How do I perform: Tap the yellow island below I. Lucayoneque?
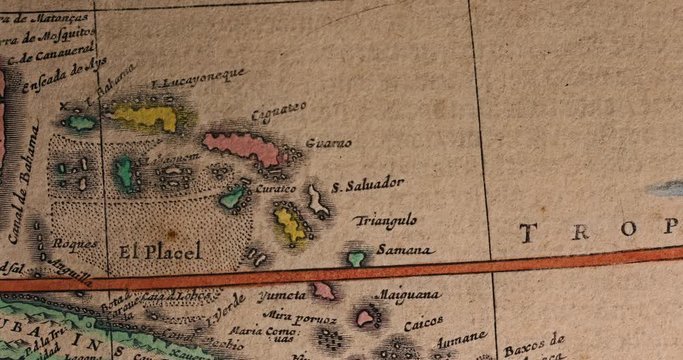coord(146,118)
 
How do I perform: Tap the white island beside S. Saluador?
coord(318,200)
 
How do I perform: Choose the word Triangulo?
coord(386,221)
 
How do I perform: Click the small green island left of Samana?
coord(355,258)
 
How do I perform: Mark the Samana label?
coord(404,249)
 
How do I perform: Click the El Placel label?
coord(160,250)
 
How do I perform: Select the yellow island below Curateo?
coord(290,227)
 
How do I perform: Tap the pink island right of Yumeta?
coord(322,290)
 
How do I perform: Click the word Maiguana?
coord(405,296)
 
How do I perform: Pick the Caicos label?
coord(423,324)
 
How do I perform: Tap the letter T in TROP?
coord(525,232)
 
